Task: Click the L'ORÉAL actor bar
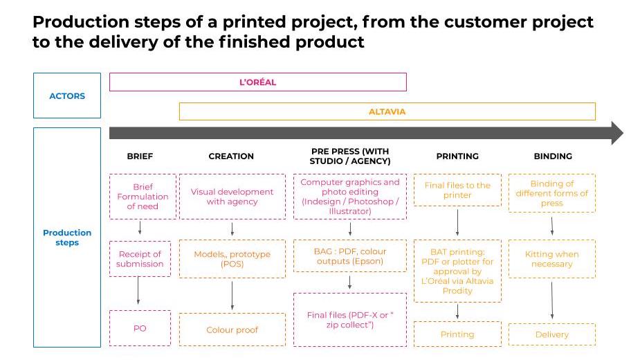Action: click(x=257, y=82)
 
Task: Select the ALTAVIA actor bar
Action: click(x=387, y=111)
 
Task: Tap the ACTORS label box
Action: click(x=67, y=96)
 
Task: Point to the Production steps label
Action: click(x=67, y=237)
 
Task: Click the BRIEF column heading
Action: click(x=140, y=156)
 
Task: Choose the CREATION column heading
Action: click(x=231, y=156)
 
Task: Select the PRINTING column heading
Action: click(x=457, y=156)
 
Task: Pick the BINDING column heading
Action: click(x=553, y=156)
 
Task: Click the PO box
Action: click(x=140, y=328)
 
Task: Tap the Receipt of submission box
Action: click(x=140, y=259)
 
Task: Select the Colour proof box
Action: click(x=232, y=330)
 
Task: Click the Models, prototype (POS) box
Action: click(x=232, y=259)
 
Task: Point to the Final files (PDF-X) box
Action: click(x=349, y=320)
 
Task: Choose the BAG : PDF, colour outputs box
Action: click(x=349, y=256)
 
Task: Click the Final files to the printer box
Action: click(x=457, y=190)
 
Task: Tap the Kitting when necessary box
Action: click(x=552, y=259)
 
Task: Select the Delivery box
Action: click(x=552, y=334)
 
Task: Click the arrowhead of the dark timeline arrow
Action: click(x=616, y=133)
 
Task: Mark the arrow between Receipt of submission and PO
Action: click(x=139, y=291)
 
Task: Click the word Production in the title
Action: click(x=73, y=22)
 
